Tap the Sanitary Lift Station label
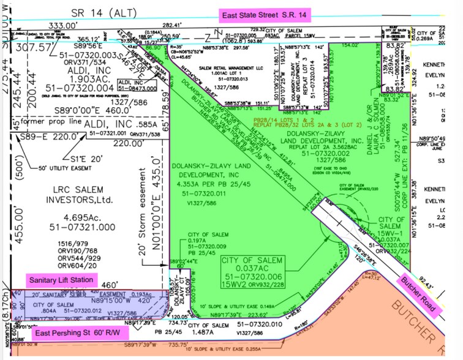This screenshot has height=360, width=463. tap(62, 280)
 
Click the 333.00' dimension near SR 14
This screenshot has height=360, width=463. tap(47, 26)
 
